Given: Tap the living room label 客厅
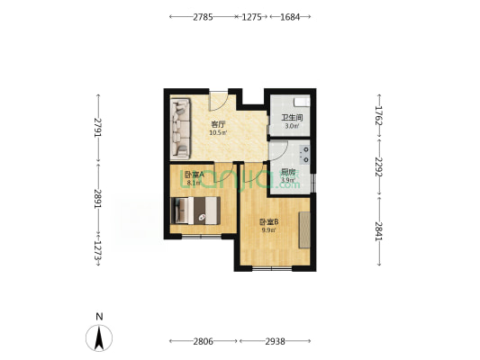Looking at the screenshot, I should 217,124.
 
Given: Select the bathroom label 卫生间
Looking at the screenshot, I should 290,118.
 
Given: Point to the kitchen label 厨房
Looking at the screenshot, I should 287,172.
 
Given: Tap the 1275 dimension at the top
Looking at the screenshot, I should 251,17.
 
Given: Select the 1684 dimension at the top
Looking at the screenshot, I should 290,17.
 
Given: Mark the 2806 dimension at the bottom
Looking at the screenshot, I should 203,342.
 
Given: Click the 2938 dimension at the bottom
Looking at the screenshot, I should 276,342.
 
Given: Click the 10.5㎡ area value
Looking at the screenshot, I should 217,133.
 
